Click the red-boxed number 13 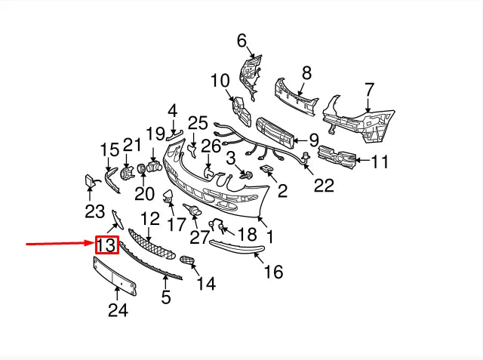click(106, 245)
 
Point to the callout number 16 click(272, 271)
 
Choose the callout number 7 click(369, 91)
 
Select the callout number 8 click(306, 73)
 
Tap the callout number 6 click(241, 40)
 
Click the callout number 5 click(165, 297)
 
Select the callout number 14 click(205, 283)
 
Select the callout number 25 click(197, 122)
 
